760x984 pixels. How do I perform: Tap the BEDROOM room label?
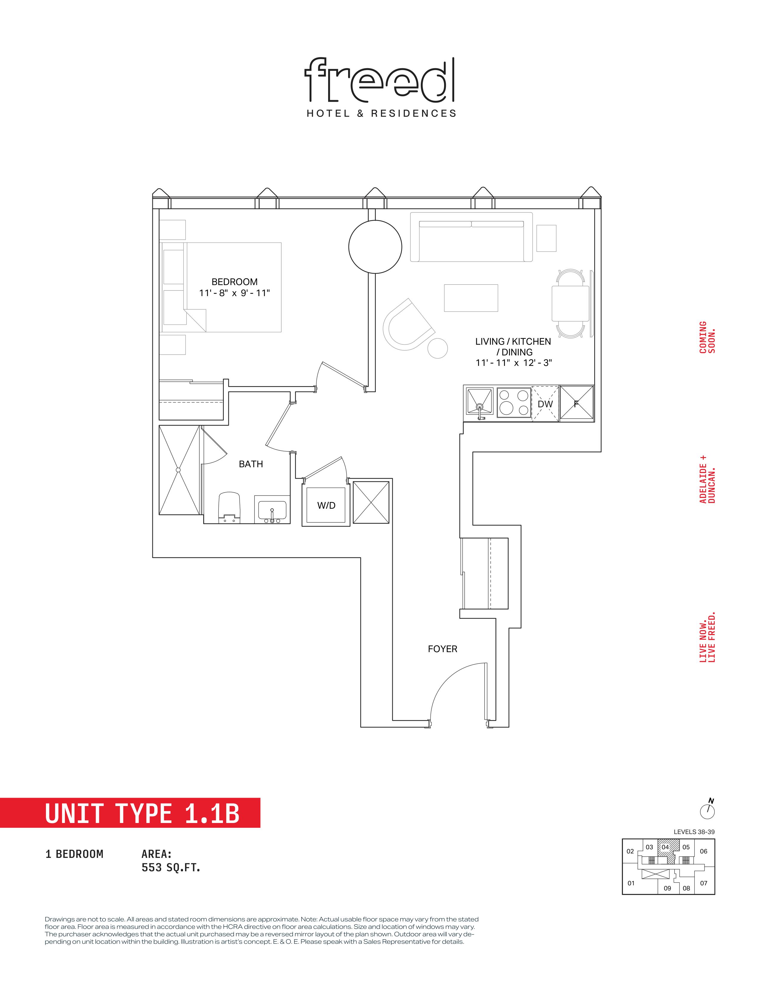click(235, 282)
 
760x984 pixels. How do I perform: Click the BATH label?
click(251, 464)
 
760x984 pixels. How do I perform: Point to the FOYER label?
click(443, 649)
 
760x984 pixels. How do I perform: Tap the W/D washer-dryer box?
click(326, 505)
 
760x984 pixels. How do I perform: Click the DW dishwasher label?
click(545, 404)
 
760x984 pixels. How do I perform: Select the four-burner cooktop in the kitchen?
click(514, 402)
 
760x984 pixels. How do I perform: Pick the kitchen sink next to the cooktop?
click(480, 402)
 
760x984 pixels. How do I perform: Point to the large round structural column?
click(375, 247)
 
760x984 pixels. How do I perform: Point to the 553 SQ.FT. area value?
click(171, 867)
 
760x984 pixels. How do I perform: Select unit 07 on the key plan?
click(704, 883)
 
